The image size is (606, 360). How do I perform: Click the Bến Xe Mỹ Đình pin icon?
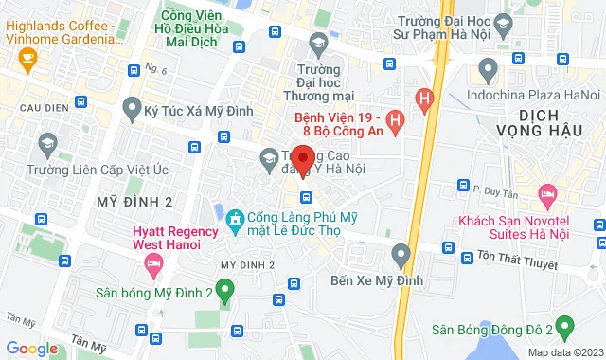pos(401,253)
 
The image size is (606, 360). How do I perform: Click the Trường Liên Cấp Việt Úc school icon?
pos(45,144)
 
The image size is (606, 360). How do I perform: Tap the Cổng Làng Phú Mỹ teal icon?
pos(236,221)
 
